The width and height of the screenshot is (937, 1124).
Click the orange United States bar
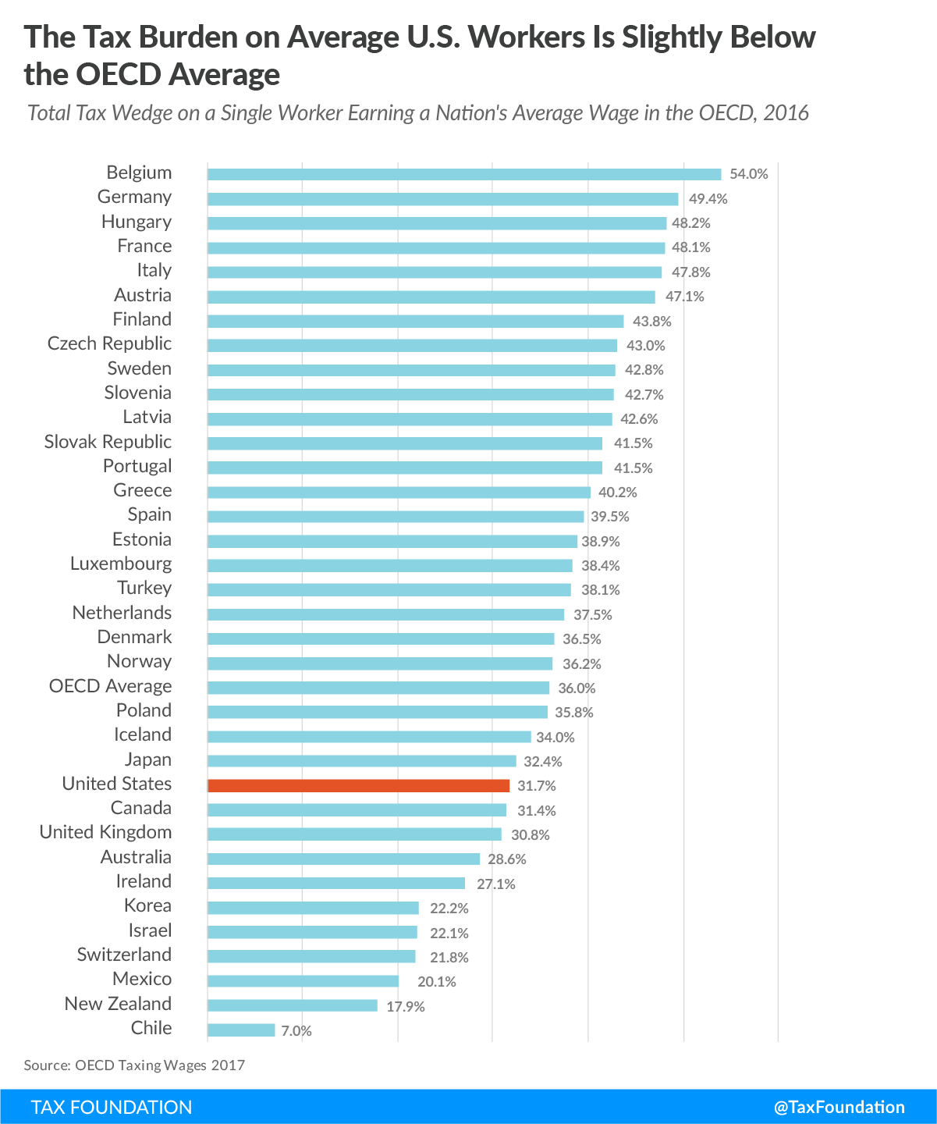click(x=358, y=785)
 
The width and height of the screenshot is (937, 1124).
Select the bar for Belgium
click(x=464, y=174)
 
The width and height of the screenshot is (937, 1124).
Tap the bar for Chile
click(x=241, y=1030)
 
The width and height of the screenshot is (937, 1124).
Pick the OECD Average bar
click(x=378, y=688)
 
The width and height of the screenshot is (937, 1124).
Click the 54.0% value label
click(x=749, y=174)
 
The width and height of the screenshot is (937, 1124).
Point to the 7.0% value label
click(x=296, y=1031)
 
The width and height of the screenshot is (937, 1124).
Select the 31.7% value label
click(x=537, y=786)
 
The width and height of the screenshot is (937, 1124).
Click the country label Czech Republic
click(x=109, y=344)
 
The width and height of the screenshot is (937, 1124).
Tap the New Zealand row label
click(x=118, y=1004)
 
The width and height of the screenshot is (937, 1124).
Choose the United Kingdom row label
click(x=105, y=833)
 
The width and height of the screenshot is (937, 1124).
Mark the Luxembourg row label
click(x=121, y=564)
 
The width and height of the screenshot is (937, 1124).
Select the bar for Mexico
click(x=303, y=981)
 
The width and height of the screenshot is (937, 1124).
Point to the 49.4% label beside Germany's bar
click(x=708, y=198)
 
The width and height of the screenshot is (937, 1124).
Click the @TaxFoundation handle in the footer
click(x=839, y=1107)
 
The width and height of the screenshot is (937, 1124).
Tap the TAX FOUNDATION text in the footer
click(x=112, y=1107)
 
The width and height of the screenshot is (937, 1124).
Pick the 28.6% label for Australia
click(x=507, y=859)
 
